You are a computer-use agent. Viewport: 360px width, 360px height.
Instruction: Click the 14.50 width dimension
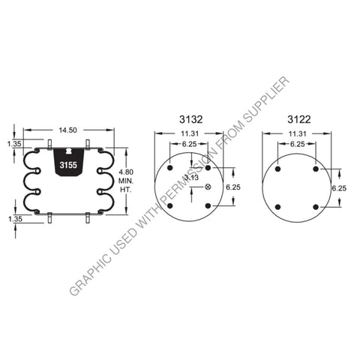pyautogui.click(x=67, y=130)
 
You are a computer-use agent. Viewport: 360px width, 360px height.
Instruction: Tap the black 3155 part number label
pyautogui.click(x=67, y=166)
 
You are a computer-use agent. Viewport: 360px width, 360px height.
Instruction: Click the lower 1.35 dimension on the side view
pyautogui.click(x=14, y=220)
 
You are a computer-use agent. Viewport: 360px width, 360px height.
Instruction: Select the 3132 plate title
pyautogui.click(x=191, y=118)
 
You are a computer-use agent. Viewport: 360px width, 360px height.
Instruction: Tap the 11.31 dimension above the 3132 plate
pyautogui.click(x=191, y=135)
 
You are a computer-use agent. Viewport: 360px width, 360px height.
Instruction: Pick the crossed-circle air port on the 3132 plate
pyautogui.click(x=208, y=187)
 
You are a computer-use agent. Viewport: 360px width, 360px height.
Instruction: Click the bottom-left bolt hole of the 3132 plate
pyautogui.click(x=171, y=205)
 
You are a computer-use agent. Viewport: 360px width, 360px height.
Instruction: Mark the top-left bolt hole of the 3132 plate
pyautogui.click(x=171, y=168)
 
